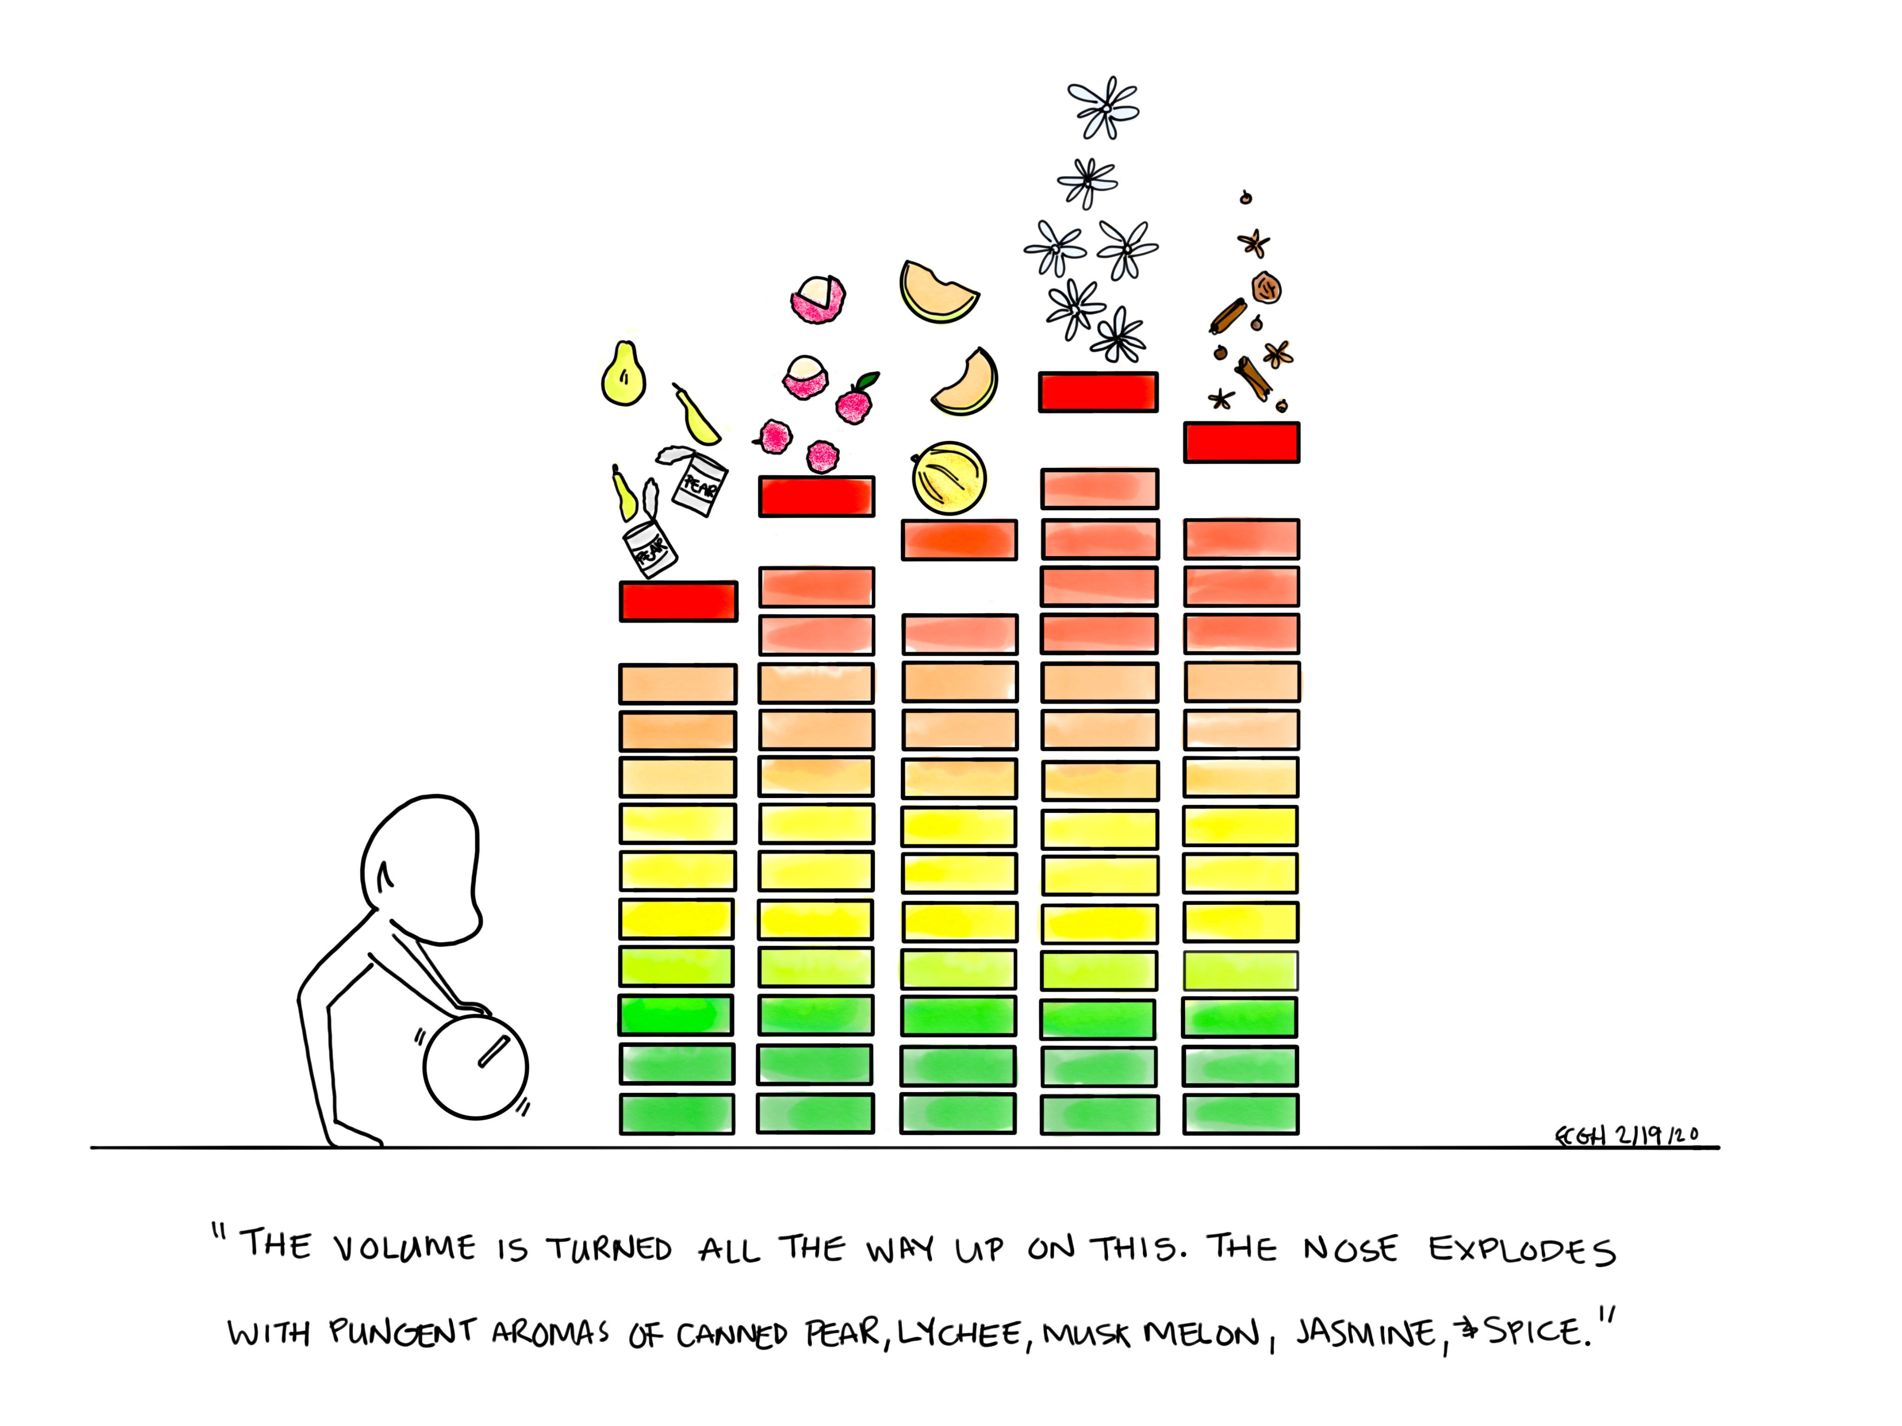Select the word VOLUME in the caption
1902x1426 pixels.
tap(404, 1248)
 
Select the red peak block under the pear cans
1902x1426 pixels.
tap(678, 601)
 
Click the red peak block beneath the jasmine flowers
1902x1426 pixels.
tap(1098, 392)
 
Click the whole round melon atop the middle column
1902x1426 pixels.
tap(948, 478)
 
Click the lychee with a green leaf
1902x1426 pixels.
tap(855, 402)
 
